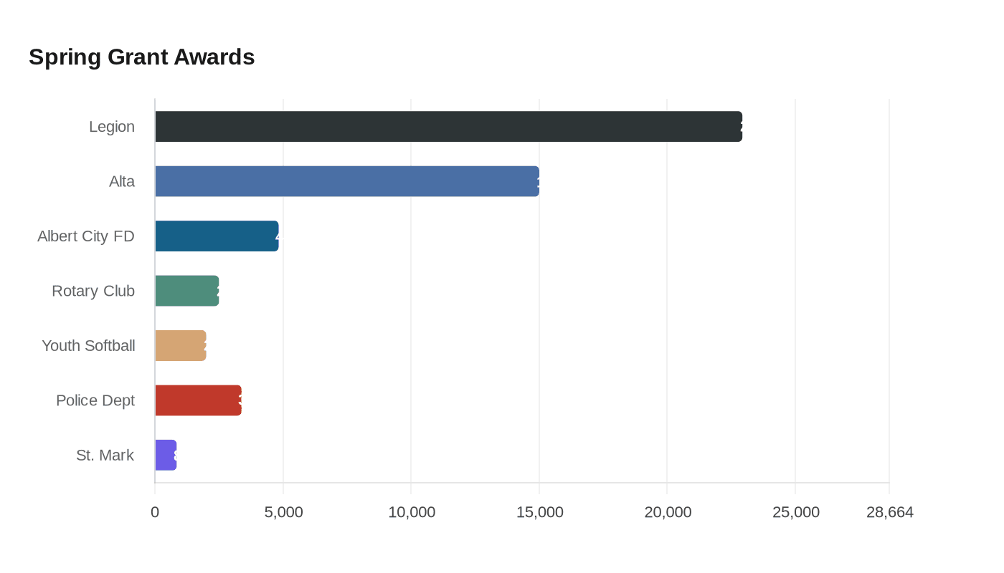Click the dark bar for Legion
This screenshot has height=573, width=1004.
tap(448, 127)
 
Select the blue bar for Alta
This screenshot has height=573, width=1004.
tap(347, 181)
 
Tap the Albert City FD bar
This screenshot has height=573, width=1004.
tap(217, 236)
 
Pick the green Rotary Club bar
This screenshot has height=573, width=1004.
tap(186, 291)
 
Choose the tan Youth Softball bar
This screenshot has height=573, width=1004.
tap(181, 345)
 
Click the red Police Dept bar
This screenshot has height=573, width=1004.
tap(198, 400)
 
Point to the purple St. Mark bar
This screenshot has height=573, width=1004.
tap(166, 455)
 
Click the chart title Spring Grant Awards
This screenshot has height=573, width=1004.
tap(142, 57)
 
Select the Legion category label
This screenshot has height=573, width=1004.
tap(112, 127)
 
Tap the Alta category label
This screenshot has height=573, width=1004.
tap(122, 181)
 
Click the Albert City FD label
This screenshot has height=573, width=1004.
tap(86, 236)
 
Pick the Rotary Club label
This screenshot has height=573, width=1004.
tap(93, 291)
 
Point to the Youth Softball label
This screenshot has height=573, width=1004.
tap(88, 345)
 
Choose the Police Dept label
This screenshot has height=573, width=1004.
tap(95, 400)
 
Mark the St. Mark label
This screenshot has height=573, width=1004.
tap(105, 455)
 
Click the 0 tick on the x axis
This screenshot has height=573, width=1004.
tap(155, 512)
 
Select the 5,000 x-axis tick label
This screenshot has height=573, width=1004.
tap(283, 512)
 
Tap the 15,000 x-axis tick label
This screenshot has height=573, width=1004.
tap(539, 512)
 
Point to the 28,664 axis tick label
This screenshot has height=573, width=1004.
tap(889, 512)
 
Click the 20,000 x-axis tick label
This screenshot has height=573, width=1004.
tap(668, 512)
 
